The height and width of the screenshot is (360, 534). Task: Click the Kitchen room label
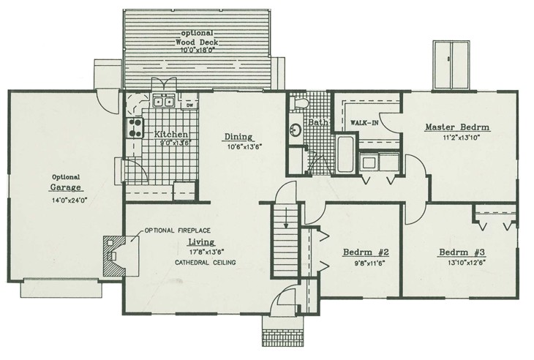pos(173,135)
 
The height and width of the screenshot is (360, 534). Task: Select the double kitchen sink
pos(162,102)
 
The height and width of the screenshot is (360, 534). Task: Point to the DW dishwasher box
pos(189,105)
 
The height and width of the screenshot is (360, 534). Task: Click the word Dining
pos(238,136)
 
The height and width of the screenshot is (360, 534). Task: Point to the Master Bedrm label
pos(457,127)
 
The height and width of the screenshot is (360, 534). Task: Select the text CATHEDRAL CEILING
pos(204,262)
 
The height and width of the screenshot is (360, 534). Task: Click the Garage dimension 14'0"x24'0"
pos(65,198)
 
